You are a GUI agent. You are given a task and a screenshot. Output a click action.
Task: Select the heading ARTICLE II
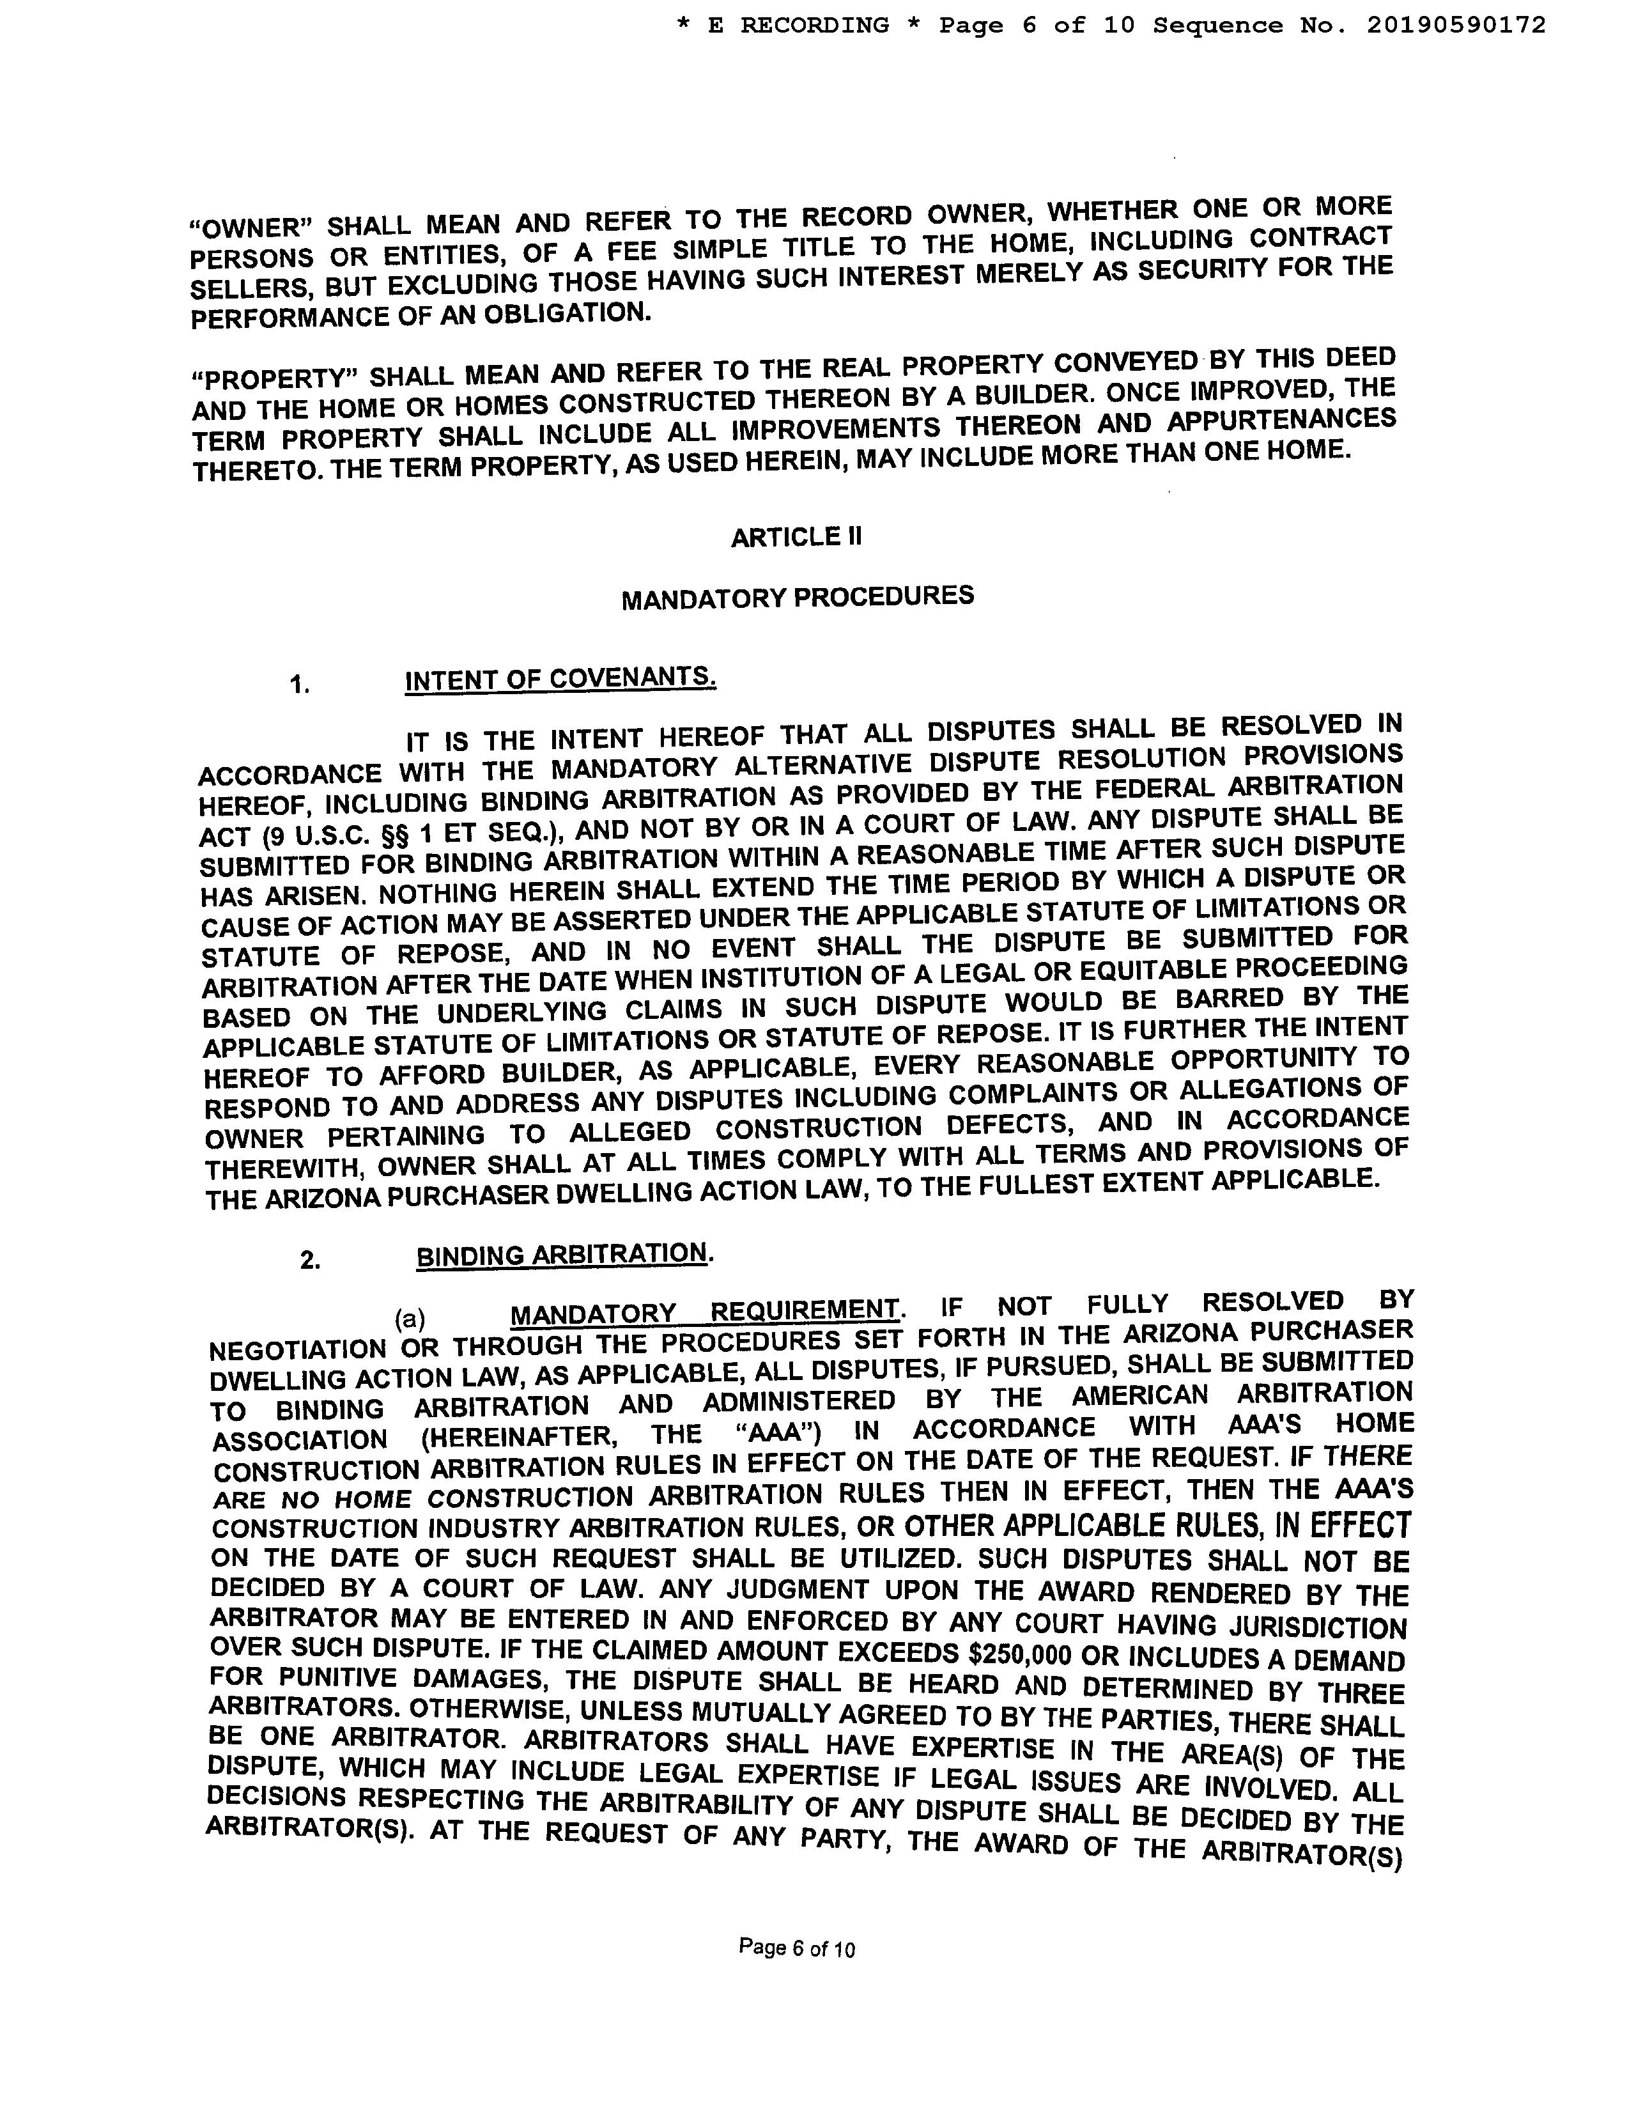[x=796, y=537]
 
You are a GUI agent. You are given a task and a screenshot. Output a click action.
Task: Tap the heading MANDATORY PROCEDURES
[x=797, y=596]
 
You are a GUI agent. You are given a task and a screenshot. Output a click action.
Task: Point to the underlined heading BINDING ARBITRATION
[x=562, y=1253]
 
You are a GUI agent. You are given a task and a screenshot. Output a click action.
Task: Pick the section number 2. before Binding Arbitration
[x=310, y=1260]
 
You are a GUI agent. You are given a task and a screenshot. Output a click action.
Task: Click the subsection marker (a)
[x=410, y=1318]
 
